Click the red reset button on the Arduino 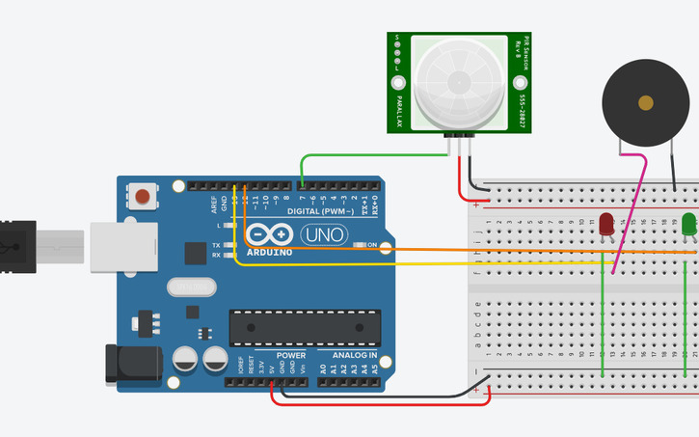(x=143, y=198)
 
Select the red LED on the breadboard (x=605, y=226)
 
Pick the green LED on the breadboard (x=688, y=226)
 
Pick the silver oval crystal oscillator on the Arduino (x=186, y=287)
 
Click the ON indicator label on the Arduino (x=372, y=245)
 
